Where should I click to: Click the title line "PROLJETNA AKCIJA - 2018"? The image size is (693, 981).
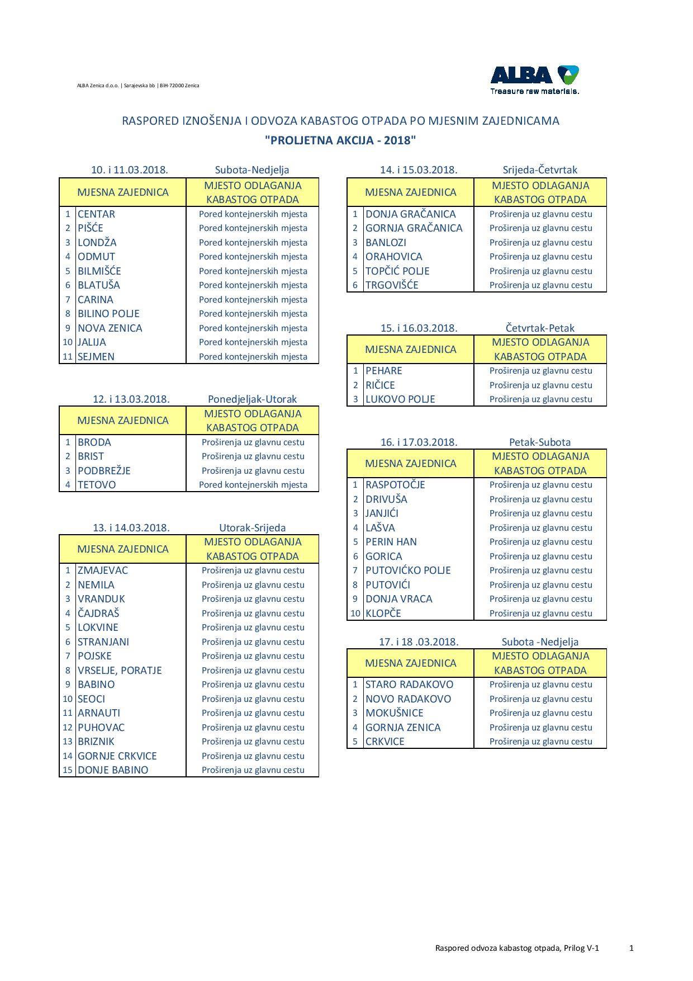pos(340,140)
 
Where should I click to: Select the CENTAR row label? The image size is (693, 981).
pos(96,214)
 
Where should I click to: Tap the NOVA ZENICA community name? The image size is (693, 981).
pos(110,328)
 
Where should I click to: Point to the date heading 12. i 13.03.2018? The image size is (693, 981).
pos(131,399)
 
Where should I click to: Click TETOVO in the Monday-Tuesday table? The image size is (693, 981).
pos(97,485)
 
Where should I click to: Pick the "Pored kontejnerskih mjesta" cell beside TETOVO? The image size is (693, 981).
pos(253,485)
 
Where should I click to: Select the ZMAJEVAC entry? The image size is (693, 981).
pos(103,570)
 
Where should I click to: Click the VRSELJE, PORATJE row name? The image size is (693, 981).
pos(120,670)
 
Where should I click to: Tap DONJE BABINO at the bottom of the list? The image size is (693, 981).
pos(113,770)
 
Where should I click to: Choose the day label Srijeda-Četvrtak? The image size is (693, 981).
pos(540,170)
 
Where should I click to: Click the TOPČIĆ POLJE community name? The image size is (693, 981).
pos(397,271)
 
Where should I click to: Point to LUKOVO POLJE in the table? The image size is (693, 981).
pos(400,399)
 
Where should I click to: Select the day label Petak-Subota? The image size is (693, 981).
pos(540,442)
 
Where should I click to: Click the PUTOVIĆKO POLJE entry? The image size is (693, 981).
pos(408,570)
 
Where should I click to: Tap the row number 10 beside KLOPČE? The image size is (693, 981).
pos(355,614)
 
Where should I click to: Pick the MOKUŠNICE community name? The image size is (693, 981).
pos(394,713)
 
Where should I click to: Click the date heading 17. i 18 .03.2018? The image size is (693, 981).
pos(419,642)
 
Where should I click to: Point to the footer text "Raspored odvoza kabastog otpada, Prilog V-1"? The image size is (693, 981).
pos(517,948)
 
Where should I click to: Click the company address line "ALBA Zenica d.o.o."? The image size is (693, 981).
pos(138,86)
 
